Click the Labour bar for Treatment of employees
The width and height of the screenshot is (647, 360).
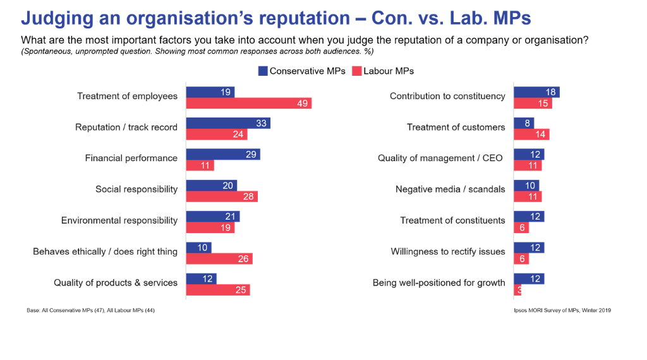(248, 104)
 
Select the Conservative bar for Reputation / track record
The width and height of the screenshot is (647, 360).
(227, 123)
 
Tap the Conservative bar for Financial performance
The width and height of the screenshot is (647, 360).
(222, 154)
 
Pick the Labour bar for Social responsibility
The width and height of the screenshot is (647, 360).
(221, 196)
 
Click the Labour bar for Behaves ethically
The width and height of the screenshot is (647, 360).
(219, 259)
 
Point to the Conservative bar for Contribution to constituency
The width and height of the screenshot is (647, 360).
(536, 92)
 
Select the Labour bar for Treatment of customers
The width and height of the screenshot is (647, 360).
(531, 134)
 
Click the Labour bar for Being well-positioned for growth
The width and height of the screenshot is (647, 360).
(517, 290)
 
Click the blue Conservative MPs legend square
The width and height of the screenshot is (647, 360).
(263, 71)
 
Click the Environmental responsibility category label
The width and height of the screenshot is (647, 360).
(119, 220)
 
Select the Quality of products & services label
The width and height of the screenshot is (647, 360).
(116, 283)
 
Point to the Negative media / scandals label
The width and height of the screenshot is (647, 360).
(450, 189)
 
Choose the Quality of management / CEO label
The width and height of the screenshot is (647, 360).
(440, 158)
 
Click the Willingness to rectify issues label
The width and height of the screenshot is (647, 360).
(448, 251)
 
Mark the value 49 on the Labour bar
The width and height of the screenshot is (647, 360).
(303, 104)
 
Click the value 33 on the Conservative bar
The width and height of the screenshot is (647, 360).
(262, 123)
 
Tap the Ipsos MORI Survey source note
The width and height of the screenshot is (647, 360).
(562, 310)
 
